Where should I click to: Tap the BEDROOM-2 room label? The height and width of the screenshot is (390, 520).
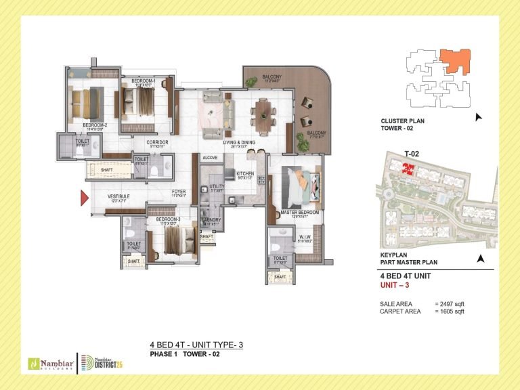click(x=95, y=125)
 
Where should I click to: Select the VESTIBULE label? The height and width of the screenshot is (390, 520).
click(x=118, y=197)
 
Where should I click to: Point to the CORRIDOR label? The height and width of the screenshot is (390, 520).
click(x=157, y=142)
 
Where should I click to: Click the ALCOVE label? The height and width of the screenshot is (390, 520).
click(x=210, y=157)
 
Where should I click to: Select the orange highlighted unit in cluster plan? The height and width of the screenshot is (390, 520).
click(x=450, y=61)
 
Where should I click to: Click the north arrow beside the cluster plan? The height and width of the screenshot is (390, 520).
click(x=479, y=117)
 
